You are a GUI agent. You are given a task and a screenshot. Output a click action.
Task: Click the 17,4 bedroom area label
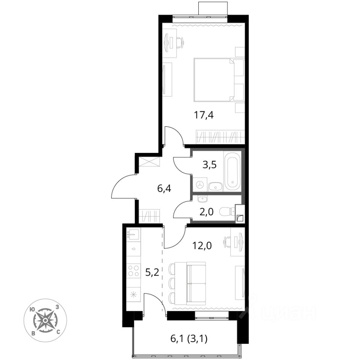coord(204,115)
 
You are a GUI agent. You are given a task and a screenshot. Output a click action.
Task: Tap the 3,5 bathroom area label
coord(210,165)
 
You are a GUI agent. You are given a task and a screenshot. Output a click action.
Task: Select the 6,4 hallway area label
coord(164,189)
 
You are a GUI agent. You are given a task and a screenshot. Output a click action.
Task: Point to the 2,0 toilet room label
coord(206,211)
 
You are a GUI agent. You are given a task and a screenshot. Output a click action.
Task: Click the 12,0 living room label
coord(202,246)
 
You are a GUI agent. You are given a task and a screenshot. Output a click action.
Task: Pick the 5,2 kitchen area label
coord(153,273)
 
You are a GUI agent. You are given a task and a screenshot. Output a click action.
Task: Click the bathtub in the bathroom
coord(232,171)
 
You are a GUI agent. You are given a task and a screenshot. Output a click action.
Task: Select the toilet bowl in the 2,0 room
coord(227,211)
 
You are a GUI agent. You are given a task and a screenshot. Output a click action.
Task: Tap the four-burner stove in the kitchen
coord(133,270)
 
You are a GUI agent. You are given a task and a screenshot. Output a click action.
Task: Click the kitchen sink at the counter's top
coord(133,234)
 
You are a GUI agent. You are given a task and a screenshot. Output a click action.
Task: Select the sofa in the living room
coord(196,283)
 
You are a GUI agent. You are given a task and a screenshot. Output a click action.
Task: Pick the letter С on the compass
coord(58,332)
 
